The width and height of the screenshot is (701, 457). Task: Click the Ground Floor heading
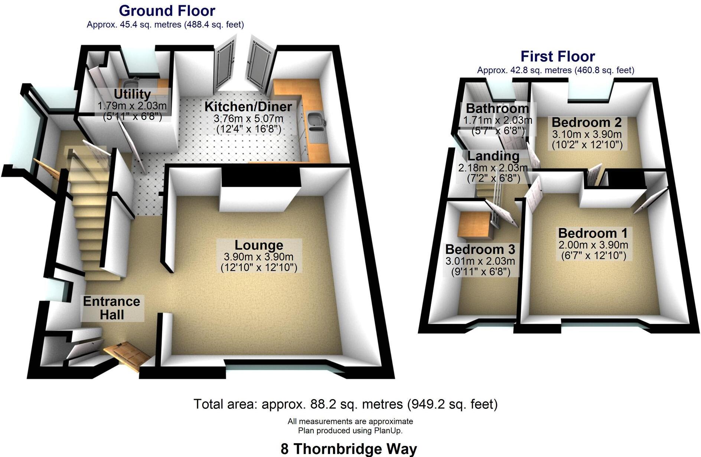167,11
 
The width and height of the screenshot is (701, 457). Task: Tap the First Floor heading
557,56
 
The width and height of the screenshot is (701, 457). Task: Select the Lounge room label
259,245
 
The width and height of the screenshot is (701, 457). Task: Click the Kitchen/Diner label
248,107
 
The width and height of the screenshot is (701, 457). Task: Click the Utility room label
132,94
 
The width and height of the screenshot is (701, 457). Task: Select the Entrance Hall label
111,308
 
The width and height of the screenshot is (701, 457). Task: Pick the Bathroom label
497,109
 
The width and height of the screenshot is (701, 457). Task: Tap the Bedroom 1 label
593,233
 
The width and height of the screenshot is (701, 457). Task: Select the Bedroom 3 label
480,249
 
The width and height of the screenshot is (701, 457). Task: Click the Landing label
493,156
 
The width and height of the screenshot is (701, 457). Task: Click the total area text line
345,404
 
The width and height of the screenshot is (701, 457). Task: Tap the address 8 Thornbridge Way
349,449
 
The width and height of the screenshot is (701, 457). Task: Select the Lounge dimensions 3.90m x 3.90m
258,257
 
